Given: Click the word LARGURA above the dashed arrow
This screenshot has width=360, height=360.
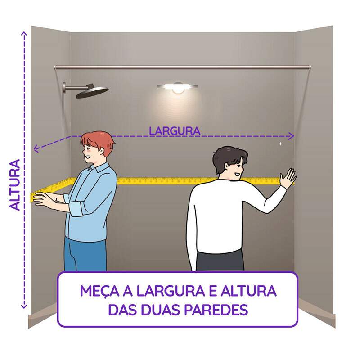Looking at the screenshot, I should click(175, 131).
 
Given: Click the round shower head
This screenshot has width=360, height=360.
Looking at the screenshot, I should click(92, 92).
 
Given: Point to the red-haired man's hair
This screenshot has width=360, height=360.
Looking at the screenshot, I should click(98, 140).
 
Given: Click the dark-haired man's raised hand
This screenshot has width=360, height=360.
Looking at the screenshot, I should click(287, 179).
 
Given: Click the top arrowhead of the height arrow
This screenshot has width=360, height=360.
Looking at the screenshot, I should click(23, 33).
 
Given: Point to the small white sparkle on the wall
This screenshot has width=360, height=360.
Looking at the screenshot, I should click(280, 144).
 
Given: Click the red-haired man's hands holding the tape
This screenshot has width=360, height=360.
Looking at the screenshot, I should click(47, 199).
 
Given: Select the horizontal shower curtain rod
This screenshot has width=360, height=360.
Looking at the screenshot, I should click(180, 67).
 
